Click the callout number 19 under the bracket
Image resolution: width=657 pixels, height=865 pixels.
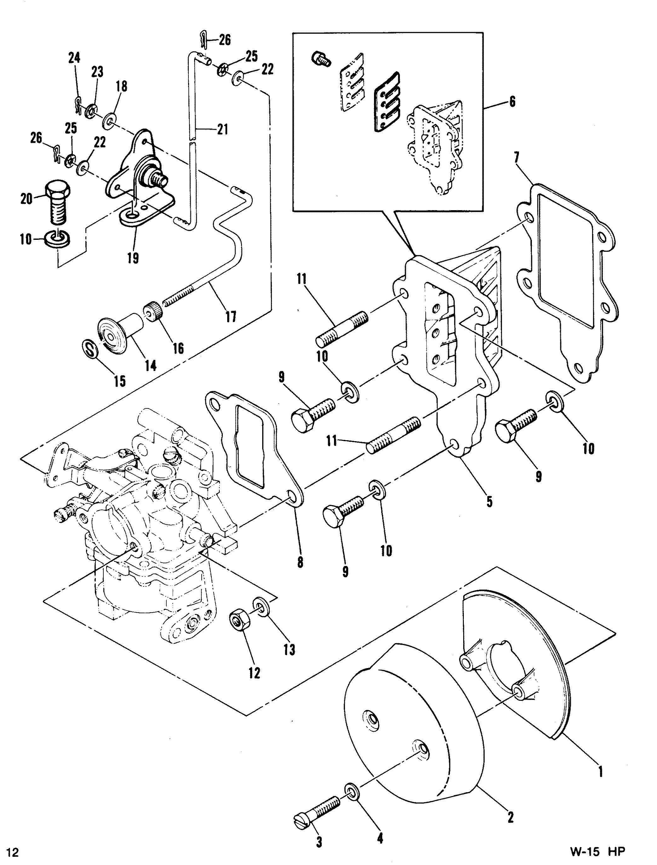(x=133, y=258)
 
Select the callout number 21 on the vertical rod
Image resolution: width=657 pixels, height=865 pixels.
(x=222, y=129)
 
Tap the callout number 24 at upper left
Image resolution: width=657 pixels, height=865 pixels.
(x=74, y=58)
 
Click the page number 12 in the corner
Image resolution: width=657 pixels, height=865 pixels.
(x=13, y=849)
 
